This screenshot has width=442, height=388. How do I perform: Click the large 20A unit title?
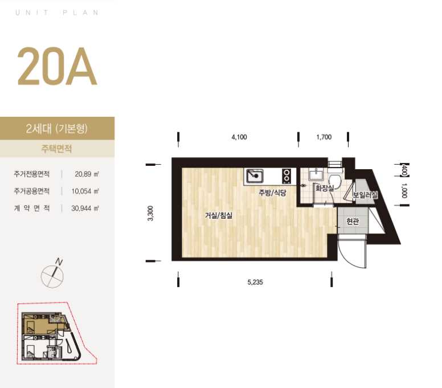pos(57,67)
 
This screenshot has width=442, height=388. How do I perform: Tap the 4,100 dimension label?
pos(239,137)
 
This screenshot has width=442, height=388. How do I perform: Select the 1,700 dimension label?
pos(324,137)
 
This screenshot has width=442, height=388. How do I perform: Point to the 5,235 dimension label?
pos(255,282)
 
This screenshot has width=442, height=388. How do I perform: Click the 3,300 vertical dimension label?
pos(150,214)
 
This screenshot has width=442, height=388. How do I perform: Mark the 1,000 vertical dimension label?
pos(404,191)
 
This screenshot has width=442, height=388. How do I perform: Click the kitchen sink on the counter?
pos(255,176)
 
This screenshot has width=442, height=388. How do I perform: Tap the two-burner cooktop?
pos(287,176)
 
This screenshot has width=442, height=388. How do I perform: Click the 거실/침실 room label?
pos(219,216)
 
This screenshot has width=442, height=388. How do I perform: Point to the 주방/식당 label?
pos(272,193)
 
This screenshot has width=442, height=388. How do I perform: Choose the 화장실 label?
pos(325,188)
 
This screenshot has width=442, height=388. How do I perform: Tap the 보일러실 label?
pos(365,194)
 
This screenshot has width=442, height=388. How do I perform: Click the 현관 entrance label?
pos(353,222)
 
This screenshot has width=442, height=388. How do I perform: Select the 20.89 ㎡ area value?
pos(87,174)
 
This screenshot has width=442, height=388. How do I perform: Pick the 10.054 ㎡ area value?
pos(85,191)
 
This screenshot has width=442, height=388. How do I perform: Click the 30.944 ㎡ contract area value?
pos(85,209)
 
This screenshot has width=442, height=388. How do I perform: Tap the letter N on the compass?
pos(59,262)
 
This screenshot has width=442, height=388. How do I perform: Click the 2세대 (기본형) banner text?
pos(56,129)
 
